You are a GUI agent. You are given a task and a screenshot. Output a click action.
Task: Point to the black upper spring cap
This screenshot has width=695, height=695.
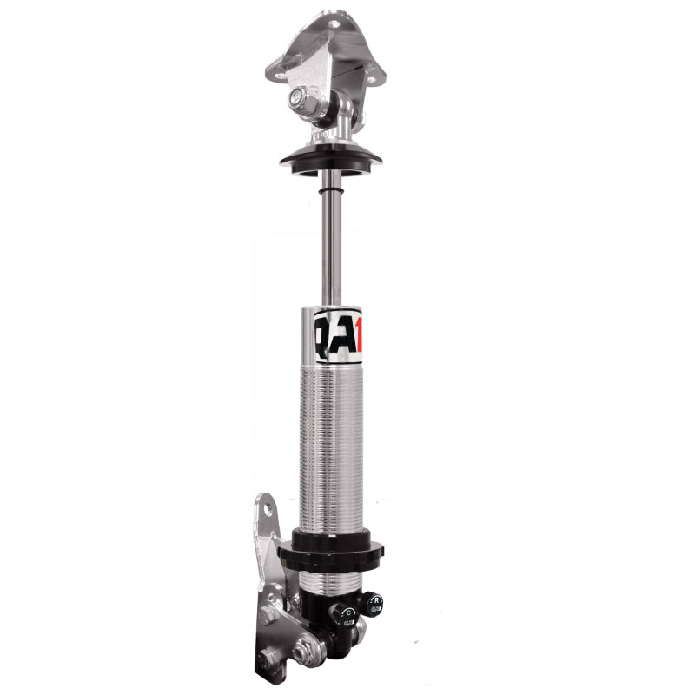330,160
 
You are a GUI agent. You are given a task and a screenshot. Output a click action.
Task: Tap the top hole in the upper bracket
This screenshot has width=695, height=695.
330,17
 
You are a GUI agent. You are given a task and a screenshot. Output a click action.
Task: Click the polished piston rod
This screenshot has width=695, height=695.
331,243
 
